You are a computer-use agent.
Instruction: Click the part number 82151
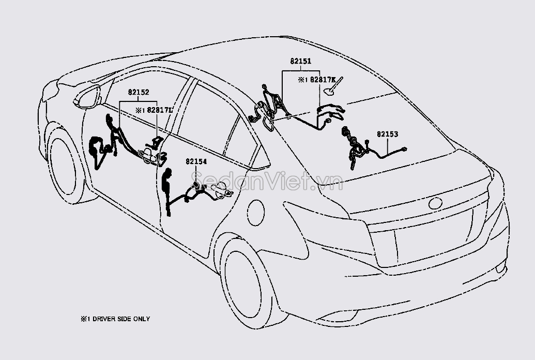coord(300,61)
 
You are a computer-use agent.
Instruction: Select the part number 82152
coord(139,93)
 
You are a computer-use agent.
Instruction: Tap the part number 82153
coord(387,134)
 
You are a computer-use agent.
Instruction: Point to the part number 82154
coord(196,161)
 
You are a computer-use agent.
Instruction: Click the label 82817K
coord(320,80)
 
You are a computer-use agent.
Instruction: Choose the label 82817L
coord(160,110)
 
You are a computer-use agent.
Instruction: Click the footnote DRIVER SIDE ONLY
coord(118,319)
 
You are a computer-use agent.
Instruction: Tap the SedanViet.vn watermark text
coord(266,182)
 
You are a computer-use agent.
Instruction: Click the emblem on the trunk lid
coord(435,203)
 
